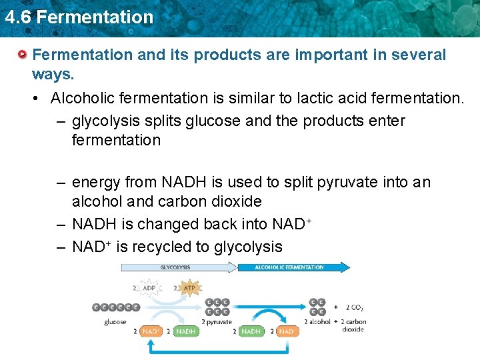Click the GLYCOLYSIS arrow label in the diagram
coord(175,267)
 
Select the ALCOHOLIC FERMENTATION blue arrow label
coord(289,267)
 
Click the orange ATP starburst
coord(189,289)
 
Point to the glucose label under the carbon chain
coord(115,321)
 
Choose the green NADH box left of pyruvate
coord(185,331)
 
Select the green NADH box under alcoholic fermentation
coord(251,331)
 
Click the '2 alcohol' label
coord(317,321)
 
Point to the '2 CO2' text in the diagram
coord(354,307)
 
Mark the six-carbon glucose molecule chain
coord(116,307)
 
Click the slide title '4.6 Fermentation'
coord(79,17)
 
